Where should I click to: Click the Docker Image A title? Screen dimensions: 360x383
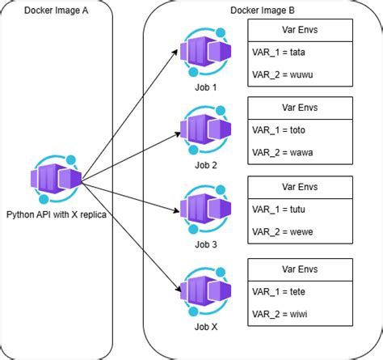57,10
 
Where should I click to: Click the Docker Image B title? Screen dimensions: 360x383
262,10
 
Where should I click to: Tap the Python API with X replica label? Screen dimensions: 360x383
56,214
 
